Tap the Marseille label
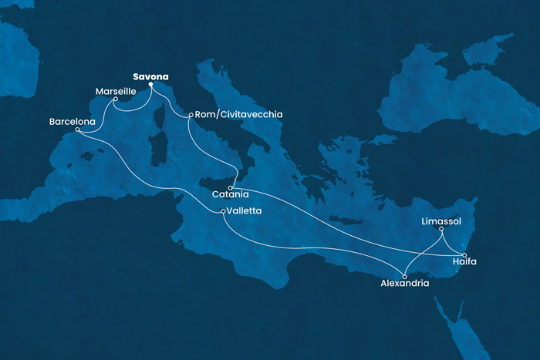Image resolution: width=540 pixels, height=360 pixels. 115,91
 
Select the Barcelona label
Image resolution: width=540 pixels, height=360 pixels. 72,122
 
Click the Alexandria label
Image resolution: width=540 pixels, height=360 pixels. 405,284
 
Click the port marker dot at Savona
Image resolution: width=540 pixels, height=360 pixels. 150,85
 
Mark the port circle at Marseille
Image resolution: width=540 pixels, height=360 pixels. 115,99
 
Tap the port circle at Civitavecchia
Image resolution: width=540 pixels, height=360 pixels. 190,116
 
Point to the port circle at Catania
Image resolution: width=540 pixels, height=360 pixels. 230,187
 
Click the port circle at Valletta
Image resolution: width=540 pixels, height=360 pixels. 224,211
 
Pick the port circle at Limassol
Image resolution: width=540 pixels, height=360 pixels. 441,229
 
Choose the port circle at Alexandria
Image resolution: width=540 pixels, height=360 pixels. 406,275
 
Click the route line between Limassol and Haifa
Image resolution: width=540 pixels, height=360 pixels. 453,242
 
